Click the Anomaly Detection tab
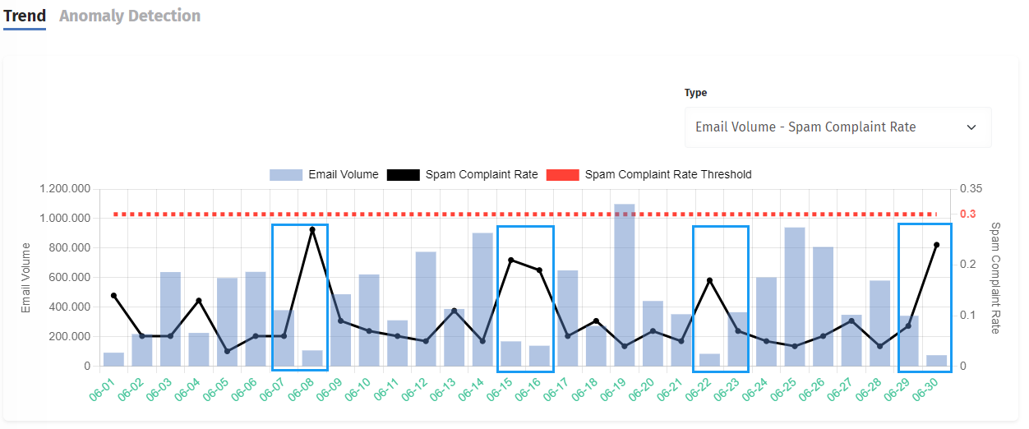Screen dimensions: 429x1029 click(x=130, y=16)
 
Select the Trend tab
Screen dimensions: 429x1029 click(x=25, y=16)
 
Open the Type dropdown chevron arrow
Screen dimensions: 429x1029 click(x=971, y=127)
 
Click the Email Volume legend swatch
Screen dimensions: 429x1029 click(x=285, y=174)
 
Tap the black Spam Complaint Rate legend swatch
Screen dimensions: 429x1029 click(x=403, y=174)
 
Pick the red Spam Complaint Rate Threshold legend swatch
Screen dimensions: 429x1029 click(x=562, y=174)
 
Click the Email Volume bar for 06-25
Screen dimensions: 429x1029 click(x=795, y=297)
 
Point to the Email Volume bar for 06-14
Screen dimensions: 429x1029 click(x=482, y=299)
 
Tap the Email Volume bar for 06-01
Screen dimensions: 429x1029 click(x=113, y=359)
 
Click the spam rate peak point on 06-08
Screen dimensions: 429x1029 click(x=312, y=230)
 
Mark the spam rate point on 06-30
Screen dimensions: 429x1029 click(x=936, y=245)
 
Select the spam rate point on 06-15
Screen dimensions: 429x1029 click(x=510, y=260)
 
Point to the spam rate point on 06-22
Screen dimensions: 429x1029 click(x=709, y=280)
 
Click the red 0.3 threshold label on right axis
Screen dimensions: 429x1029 click(x=969, y=214)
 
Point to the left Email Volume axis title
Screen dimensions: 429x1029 click(x=26, y=277)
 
